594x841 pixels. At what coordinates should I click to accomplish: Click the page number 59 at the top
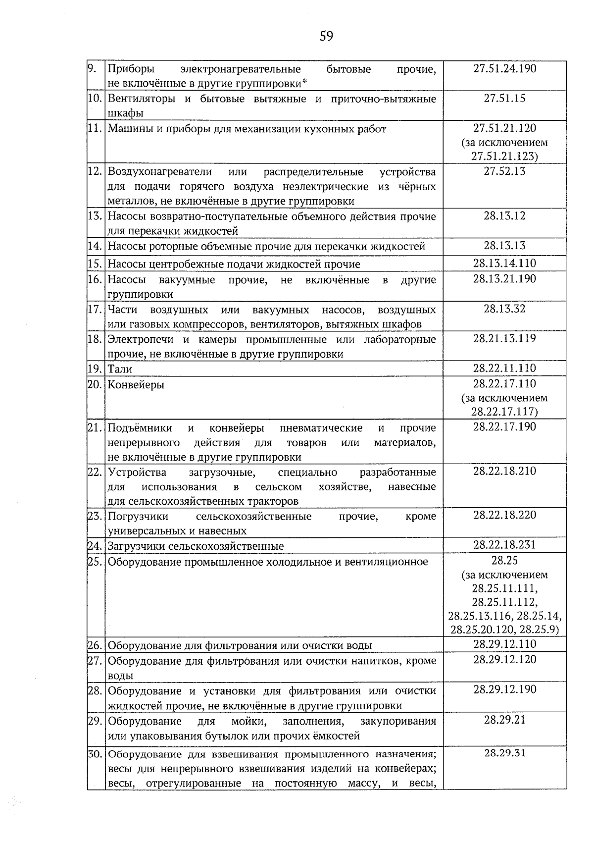326,36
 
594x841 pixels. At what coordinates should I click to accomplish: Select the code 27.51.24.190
504,68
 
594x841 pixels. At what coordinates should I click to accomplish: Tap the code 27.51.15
504,98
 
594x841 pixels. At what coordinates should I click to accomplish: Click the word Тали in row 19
120,369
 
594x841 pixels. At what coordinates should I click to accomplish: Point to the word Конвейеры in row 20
136,384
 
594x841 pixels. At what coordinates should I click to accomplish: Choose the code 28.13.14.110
504,263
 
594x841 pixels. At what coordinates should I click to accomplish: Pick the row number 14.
95,246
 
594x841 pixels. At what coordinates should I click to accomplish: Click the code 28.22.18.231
504,545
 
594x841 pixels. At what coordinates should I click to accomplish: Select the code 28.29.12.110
504,644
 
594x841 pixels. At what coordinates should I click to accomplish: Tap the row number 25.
95,562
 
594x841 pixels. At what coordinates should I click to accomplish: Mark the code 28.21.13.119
504,339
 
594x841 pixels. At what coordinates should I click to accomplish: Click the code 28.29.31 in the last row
504,753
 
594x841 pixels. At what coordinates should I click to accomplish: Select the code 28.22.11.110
504,368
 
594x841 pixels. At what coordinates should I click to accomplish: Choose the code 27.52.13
504,171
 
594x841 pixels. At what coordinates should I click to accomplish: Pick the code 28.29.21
504,720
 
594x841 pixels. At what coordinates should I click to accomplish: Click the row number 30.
95,754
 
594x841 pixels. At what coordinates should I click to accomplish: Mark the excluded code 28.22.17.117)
504,412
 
